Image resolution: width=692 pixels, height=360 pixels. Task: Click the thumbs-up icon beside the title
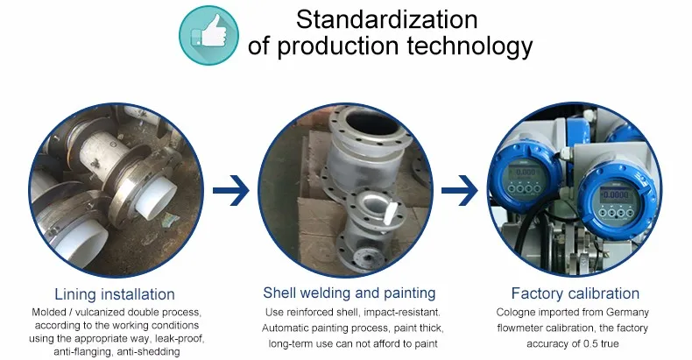(x=208, y=35)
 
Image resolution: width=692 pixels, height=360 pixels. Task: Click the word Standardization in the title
(x=386, y=19)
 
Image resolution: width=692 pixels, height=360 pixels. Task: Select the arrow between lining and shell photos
(x=231, y=191)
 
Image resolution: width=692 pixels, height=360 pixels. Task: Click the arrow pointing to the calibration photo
(x=459, y=191)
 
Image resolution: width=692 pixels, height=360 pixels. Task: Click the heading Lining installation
(x=115, y=293)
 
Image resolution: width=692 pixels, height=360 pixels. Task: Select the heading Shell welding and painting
(x=350, y=293)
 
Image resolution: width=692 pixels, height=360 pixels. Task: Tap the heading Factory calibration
(x=575, y=293)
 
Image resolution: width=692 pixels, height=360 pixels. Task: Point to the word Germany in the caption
(x=627, y=313)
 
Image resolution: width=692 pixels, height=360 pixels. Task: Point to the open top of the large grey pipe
(x=371, y=122)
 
